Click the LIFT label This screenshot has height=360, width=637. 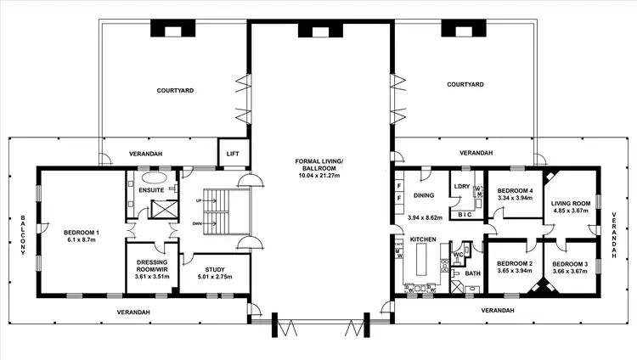pos(232,154)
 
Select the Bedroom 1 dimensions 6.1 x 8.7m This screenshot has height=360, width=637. pos(82,239)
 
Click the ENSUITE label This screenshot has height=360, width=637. pos(150,190)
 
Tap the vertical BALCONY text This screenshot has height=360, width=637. pos(24,235)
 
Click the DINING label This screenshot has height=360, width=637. pos(424,195)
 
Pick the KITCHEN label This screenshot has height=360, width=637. pos(424,240)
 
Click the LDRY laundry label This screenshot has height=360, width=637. pos(462,186)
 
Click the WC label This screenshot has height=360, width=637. pos(457,254)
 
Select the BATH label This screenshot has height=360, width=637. pos(472,274)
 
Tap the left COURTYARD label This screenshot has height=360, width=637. pos(177,89)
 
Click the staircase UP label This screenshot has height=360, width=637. pos(199,200)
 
